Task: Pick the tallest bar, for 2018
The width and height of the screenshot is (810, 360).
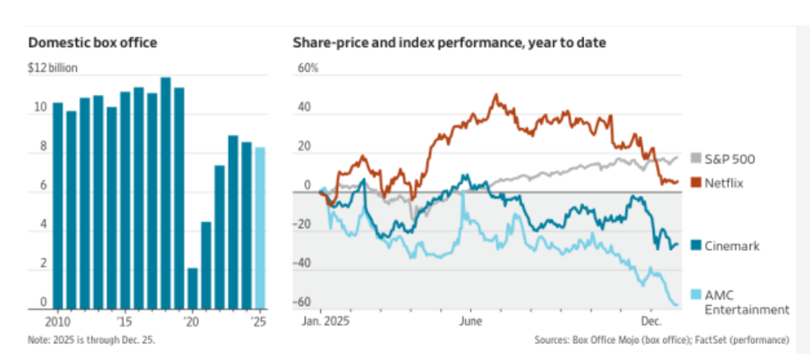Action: [x=166, y=192]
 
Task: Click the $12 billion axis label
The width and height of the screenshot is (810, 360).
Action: [x=53, y=68]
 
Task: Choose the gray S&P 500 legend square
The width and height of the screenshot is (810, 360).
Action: [x=696, y=159]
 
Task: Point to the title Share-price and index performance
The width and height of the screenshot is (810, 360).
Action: [x=449, y=43]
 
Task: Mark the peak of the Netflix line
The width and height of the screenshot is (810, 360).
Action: [x=495, y=96]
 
